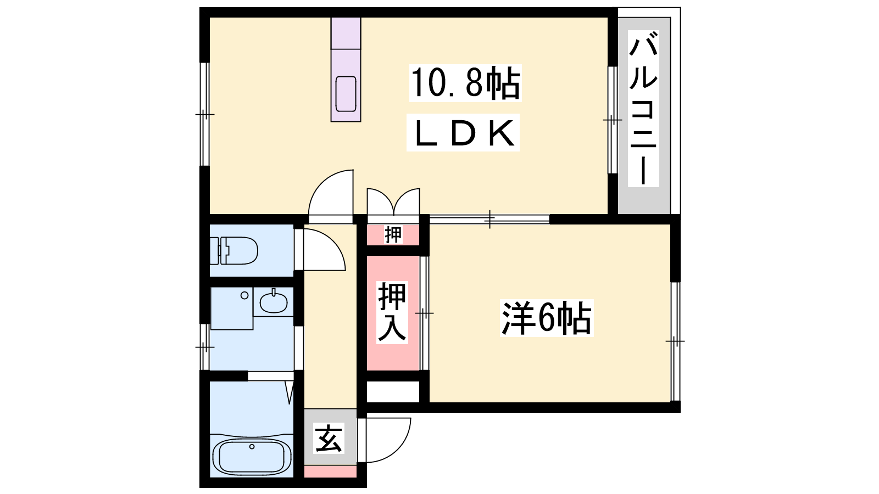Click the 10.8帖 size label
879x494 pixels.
point(465,83)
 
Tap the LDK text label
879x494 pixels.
point(463,132)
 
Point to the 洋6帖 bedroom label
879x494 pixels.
point(547,318)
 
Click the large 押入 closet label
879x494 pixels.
point(392,312)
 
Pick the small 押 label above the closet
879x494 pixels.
point(393,234)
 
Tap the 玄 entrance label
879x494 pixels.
point(329,438)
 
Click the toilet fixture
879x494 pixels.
point(233,251)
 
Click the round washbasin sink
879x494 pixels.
point(274,302)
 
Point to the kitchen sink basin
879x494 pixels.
point(346,94)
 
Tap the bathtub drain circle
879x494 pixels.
point(252,446)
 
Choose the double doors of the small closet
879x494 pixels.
point(393,201)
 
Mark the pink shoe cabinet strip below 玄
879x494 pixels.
point(330,471)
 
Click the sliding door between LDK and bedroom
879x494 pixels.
point(489,219)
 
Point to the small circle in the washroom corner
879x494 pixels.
point(244,295)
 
